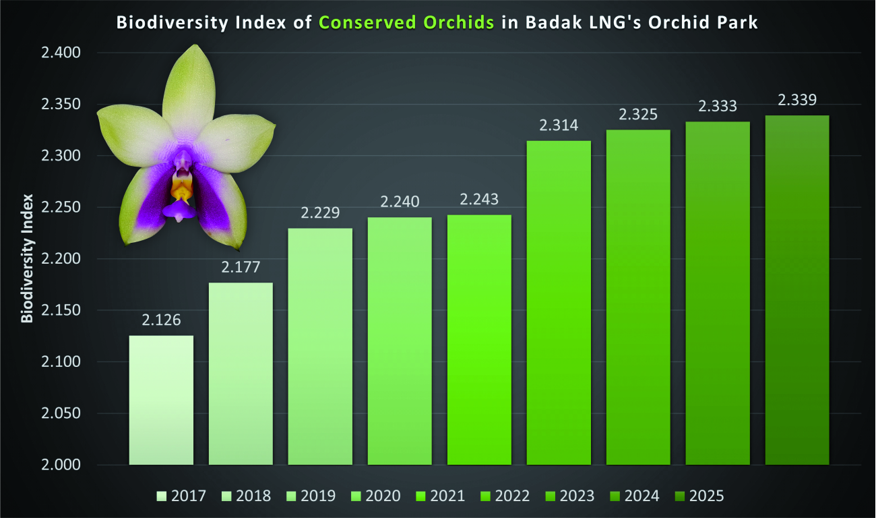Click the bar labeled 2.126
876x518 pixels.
click(161, 400)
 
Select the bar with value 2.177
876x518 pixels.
click(241, 374)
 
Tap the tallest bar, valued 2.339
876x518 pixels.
click(797, 290)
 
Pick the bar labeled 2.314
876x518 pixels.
click(559, 303)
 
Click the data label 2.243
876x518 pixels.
click(479, 199)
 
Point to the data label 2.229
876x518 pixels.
click(320, 212)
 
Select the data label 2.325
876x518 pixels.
click(638, 115)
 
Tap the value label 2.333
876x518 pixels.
click(718, 106)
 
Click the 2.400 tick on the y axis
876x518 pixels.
click(61, 53)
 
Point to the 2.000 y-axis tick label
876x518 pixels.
click(61, 465)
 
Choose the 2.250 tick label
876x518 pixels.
click(61, 207)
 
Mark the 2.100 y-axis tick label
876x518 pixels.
click(61, 362)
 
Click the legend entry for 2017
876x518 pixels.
click(181, 496)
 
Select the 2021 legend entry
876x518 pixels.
click(440, 496)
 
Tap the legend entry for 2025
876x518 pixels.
click(699, 496)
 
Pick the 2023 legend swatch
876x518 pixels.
click(551, 496)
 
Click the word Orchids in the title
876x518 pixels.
click(459, 22)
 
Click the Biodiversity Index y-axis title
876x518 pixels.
click(27, 258)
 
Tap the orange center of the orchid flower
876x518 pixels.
click(181, 189)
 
